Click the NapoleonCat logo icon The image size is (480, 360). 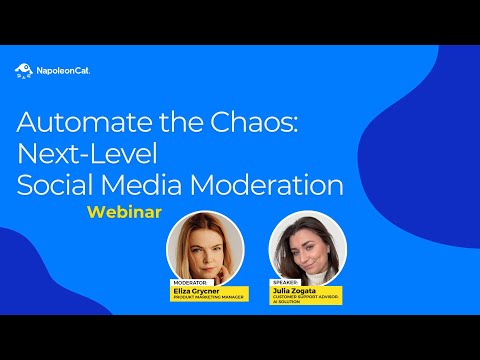(x=23, y=71)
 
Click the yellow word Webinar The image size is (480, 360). (x=125, y=213)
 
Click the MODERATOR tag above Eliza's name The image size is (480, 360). (x=189, y=283)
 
